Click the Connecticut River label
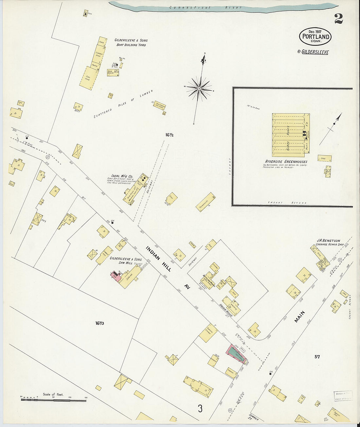205,8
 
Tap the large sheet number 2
338,19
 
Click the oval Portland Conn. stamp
315,36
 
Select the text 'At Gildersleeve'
313,52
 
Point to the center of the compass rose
199,88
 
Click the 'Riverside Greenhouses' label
286,162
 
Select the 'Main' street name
299,317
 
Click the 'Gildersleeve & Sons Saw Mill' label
126,260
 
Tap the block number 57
317,357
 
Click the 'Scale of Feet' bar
53,400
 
